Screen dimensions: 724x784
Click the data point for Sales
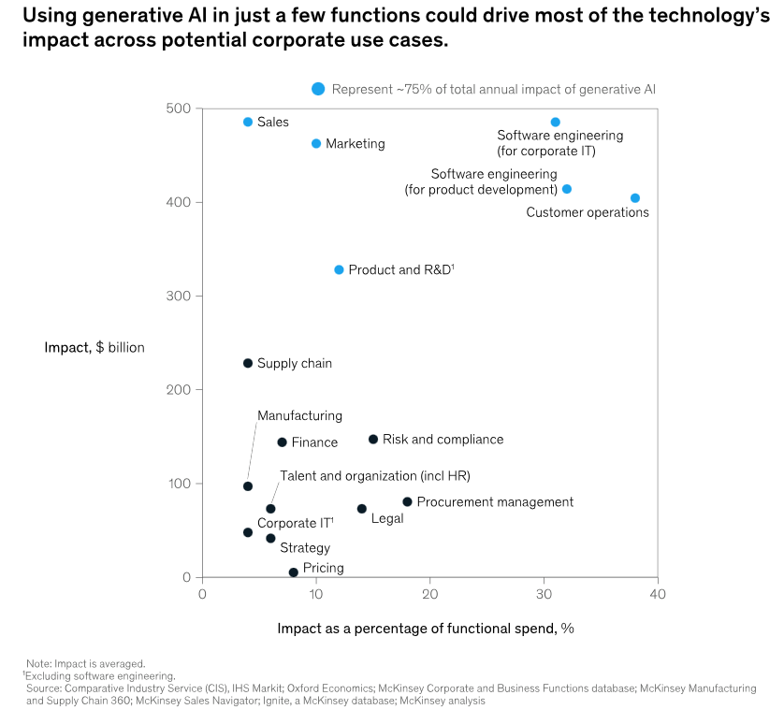[x=248, y=123]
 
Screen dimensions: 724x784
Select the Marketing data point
[x=316, y=144]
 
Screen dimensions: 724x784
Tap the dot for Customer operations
[x=635, y=198]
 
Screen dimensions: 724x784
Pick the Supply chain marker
[x=248, y=364]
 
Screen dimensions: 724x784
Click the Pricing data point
[x=294, y=572]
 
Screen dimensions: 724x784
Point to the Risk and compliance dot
[x=373, y=440]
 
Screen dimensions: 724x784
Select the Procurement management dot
[x=407, y=502]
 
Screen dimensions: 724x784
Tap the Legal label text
[x=387, y=518]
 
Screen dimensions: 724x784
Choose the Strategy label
[x=305, y=548]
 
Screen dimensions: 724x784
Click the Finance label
[x=314, y=443]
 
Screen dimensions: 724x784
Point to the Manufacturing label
[x=299, y=416]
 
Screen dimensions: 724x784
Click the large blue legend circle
[x=318, y=89]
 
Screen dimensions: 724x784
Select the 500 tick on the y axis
[x=179, y=109]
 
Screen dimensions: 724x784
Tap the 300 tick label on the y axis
[x=179, y=297]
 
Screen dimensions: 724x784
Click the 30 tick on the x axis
[x=544, y=594]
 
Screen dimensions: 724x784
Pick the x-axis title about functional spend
[x=425, y=629]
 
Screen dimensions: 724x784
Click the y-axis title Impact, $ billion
[x=94, y=348]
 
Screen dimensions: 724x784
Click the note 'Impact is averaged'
[x=85, y=663]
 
